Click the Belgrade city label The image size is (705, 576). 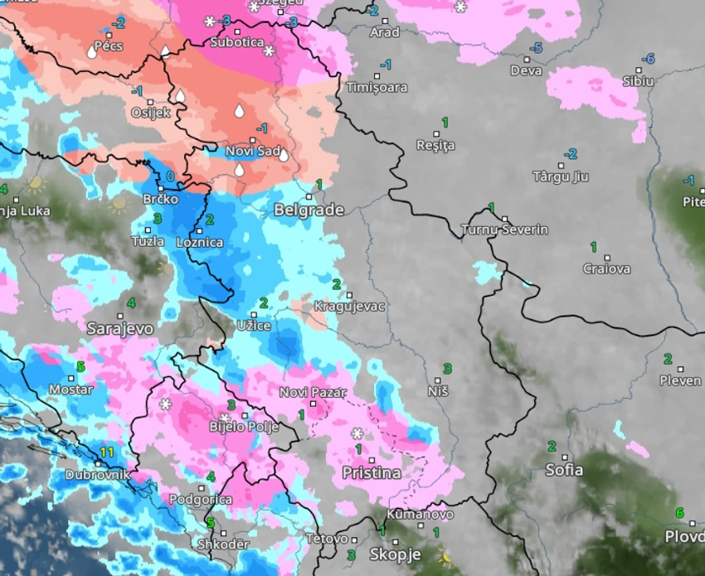309,210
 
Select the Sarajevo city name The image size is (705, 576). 120,328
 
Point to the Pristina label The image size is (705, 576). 372,473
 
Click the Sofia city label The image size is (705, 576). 564,470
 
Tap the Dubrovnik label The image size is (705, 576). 98,476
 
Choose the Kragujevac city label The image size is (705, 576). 350,307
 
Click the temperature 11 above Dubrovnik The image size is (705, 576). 106,452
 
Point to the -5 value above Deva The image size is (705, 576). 535,48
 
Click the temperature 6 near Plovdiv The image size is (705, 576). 679,512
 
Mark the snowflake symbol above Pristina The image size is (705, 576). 357,433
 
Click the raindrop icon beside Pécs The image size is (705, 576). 91,52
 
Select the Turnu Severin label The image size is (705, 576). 505,230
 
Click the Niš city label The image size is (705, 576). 437,390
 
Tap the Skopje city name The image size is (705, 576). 395,554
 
